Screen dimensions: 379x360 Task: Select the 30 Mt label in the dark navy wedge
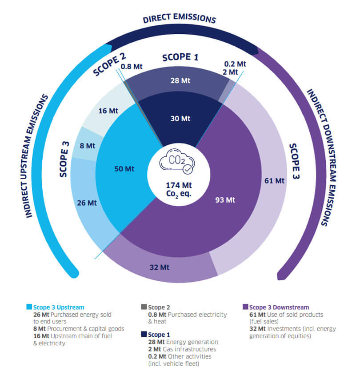point(180,119)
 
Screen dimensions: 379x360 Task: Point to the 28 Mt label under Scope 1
point(180,80)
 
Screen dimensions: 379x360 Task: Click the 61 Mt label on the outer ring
point(274,180)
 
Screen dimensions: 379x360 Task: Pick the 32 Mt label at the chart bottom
point(159,267)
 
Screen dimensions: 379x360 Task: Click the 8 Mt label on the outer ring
point(88,145)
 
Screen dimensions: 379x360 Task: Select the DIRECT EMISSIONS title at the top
point(180,20)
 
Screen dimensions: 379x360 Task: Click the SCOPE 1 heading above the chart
point(180,57)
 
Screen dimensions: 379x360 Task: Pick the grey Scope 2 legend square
point(144,307)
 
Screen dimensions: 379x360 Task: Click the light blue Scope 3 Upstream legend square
point(29,307)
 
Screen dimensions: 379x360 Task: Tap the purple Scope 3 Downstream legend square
point(245,307)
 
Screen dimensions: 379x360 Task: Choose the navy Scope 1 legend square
point(144,334)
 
